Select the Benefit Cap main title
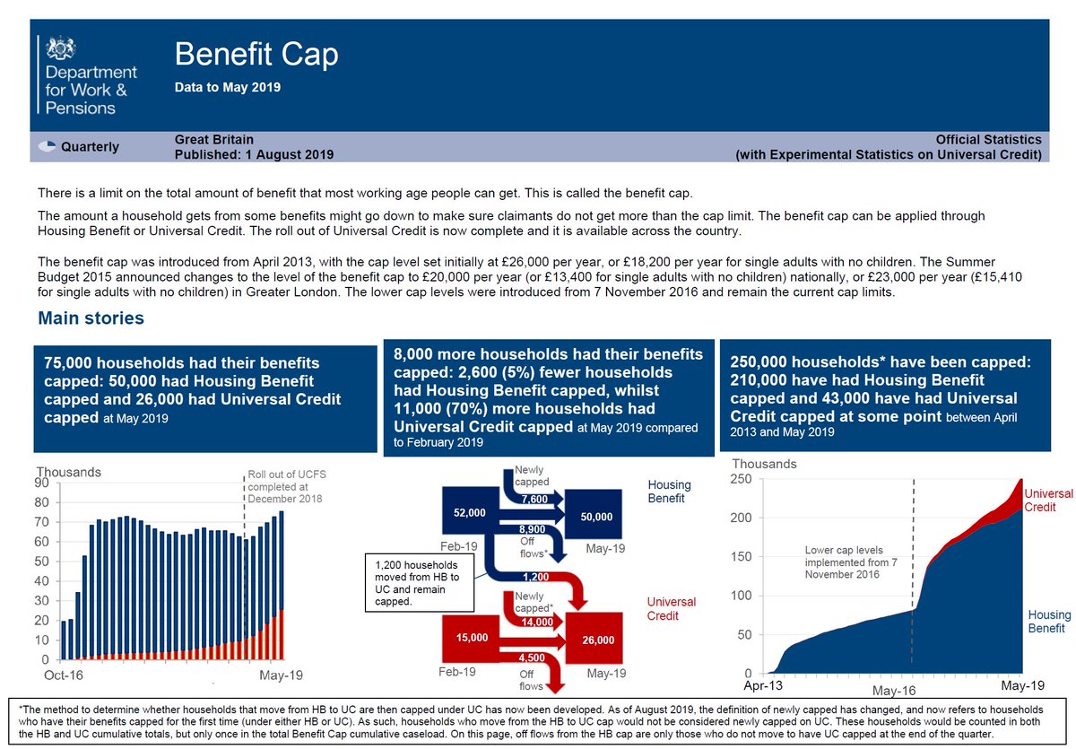point(256,55)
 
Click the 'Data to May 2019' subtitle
point(227,88)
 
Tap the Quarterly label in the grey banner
point(89,147)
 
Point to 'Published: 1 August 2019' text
point(254,154)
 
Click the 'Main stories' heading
point(91,318)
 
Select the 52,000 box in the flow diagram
point(470,512)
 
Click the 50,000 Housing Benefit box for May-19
point(596,517)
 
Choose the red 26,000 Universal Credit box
point(598,640)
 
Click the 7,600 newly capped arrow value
point(533,499)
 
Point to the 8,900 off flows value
point(533,529)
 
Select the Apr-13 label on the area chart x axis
point(763,686)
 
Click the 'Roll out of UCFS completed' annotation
point(284,486)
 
